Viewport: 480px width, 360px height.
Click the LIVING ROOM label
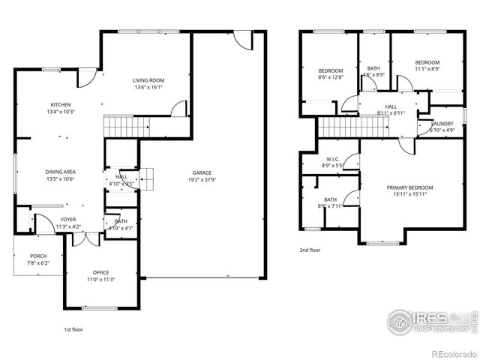point(148,80)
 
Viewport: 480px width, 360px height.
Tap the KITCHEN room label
point(61,104)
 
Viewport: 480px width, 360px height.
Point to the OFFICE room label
point(101,272)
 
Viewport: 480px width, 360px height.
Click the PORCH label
point(38,256)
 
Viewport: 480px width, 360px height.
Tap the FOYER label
point(68,220)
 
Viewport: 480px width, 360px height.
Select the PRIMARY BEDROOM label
point(410,187)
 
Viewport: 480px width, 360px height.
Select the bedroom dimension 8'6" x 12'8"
point(330,77)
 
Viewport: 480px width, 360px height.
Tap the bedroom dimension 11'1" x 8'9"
point(427,70)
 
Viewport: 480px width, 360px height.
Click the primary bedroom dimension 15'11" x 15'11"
point(410,194)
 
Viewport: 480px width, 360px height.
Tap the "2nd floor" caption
point(310,250)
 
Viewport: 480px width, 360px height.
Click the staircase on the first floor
point(120,127)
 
